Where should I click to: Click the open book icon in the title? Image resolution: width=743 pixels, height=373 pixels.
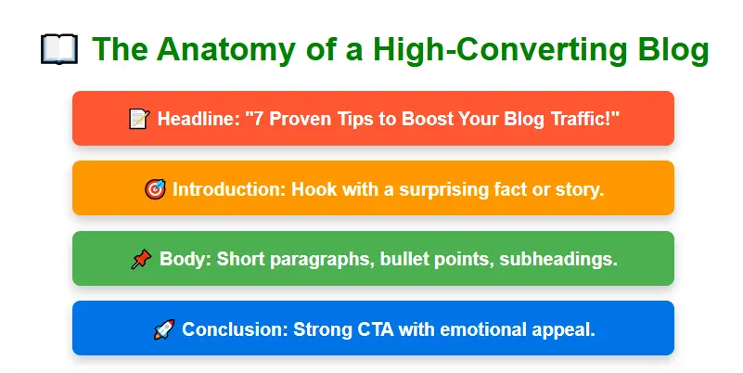59,49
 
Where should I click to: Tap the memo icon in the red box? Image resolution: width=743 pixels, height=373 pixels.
139,119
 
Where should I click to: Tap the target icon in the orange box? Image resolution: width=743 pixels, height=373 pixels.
155,189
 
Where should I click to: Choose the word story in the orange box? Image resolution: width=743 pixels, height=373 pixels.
580,189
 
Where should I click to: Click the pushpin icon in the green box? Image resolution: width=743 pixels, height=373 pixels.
141,259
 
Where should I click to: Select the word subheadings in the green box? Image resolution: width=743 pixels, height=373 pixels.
557,259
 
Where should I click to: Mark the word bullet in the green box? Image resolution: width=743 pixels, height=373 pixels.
403,259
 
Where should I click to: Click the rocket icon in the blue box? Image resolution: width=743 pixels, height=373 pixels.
163,328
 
